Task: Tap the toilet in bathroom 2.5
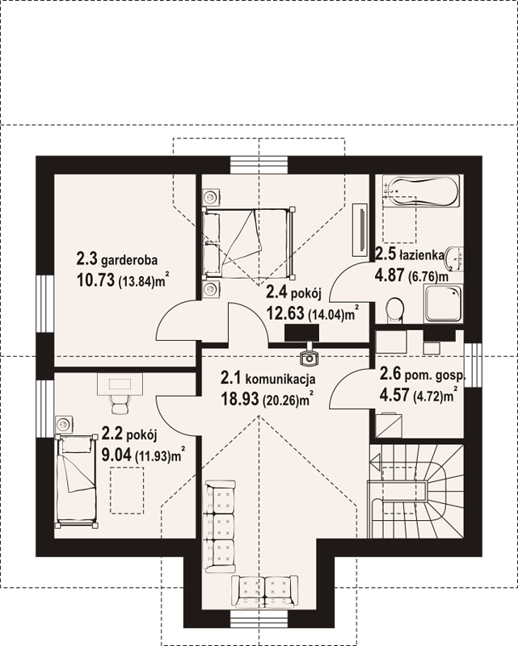[x=395, y=309]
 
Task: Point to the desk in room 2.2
[x=120, y=384]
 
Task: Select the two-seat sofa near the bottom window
[x=265, y=592]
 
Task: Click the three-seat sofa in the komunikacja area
[x=221, y=526]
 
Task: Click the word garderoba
[x=129, y=260]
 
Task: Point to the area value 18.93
[x=240, y=398]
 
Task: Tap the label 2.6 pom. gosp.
[x=423, y=375]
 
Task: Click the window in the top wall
[x=259, y=166]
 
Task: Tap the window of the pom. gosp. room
[x=473, y=366]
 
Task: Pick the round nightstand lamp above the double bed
[x=211, y=197]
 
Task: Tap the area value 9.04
[x=116, y=455]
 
